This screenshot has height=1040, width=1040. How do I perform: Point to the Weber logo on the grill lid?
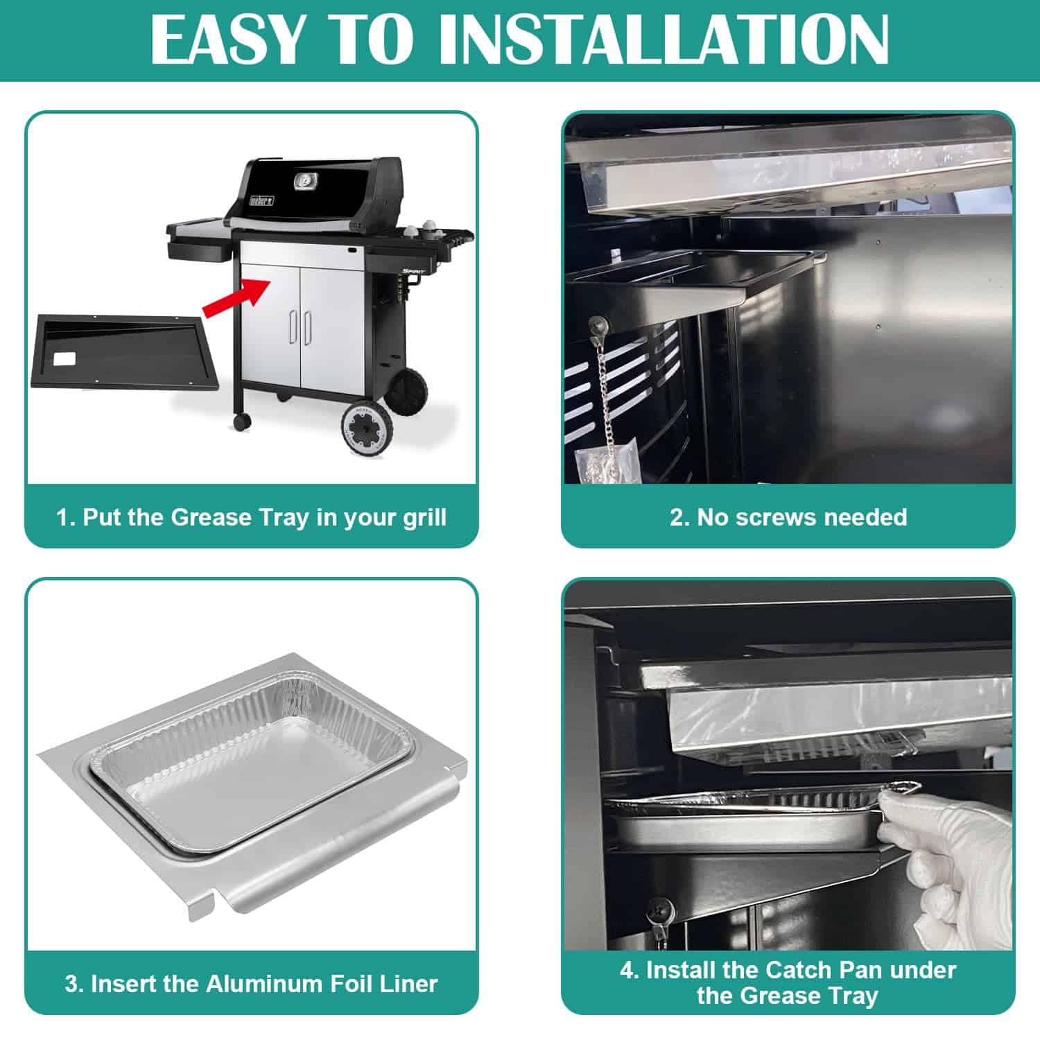[x=261, y=200]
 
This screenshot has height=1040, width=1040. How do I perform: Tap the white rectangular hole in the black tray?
[x=65, y=358]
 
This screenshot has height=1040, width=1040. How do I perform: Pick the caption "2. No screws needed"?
[x=788, y=517]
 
